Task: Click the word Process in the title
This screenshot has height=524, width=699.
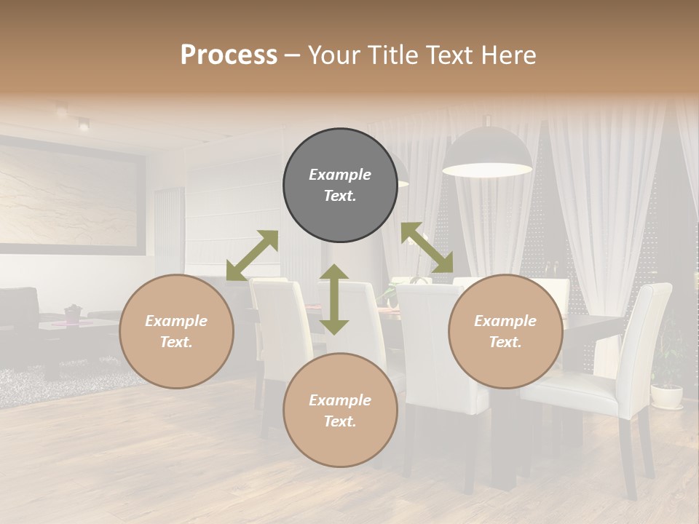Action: pyautogui.click(x=229, y=55)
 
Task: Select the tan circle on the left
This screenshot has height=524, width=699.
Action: pyautogui.click(x=176, y=331)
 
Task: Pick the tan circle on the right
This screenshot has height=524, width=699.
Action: pyautogui.click(x=505, y=331)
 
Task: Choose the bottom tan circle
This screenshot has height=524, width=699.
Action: pyautogui.click(x=340, y=410)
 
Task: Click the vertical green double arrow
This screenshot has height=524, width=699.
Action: pyautogui.click(x=334, y=299)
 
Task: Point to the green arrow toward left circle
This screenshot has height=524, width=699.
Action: pyautogui.click(x=252, y=255)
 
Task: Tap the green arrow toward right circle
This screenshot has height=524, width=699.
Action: pyautogui.click(x=427, y=247)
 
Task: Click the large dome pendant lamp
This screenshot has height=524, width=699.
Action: pyautogui.click(x=488, y=153)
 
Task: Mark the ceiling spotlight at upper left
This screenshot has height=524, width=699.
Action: pyautogui.click(x=83, y=124)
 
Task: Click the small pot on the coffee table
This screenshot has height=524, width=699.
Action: pyautogui.click(x=73, y=312)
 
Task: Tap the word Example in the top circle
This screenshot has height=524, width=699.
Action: pyautogui.click(x=340, y=175)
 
